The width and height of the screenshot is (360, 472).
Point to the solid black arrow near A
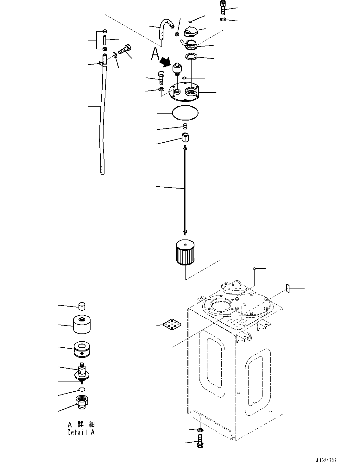point(166,62)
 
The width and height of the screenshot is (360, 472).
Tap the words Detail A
point(81,432)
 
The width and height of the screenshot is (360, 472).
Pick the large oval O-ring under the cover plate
point(185,113)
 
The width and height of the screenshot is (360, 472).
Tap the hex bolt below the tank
point(200,441)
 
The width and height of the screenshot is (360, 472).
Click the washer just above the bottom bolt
point(200,430)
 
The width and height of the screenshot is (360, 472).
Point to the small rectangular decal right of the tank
point(287,288)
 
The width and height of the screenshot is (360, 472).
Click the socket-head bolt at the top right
point(222,7)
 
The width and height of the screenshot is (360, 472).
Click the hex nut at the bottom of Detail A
point(82,402)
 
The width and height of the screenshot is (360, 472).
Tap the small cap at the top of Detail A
point(82,306)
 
